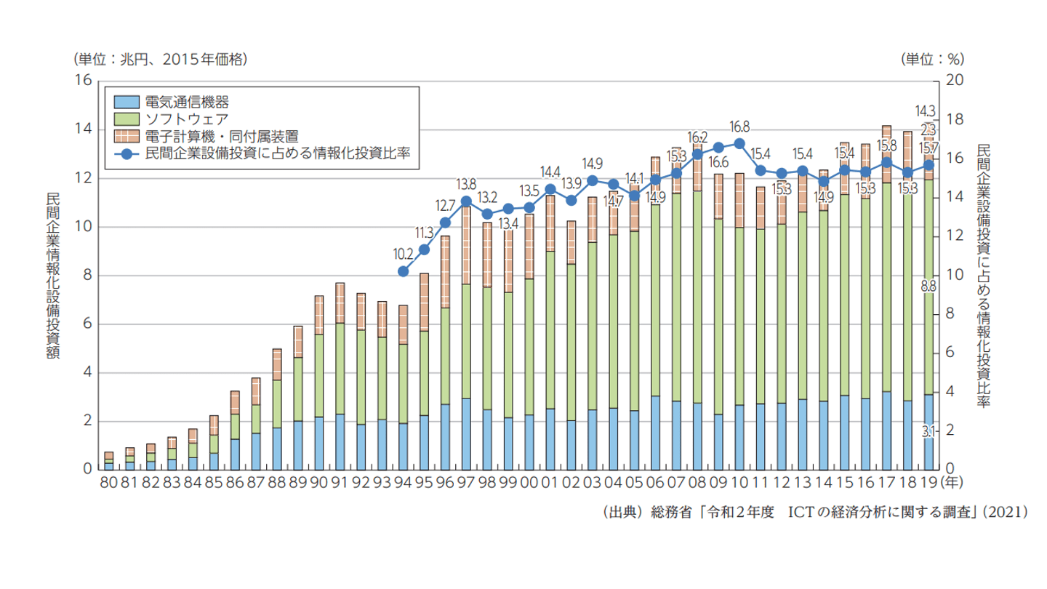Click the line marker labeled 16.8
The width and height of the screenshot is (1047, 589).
[x=739, y=143]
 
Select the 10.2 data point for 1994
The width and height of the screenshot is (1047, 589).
[x=404, y=271]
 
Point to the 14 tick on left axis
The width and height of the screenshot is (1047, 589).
[x=84, y=129]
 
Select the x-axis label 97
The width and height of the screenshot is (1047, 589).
[x=466, y=482]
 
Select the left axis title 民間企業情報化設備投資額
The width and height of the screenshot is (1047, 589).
[x=53, y=275]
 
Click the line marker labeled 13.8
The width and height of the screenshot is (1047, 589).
[x=466, y=201]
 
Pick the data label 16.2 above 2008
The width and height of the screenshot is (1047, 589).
[x=697, y=137]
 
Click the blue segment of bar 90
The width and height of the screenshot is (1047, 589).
[x=319, y=443]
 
